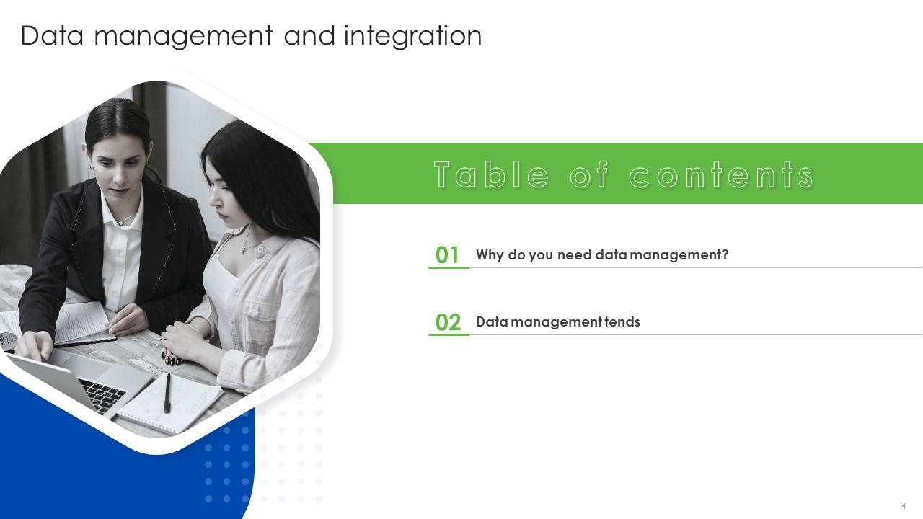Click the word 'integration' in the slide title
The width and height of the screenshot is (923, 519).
(x=412, y=36)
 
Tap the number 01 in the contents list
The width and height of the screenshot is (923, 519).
(x=448, y=255)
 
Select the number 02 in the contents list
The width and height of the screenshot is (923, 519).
(x=448, y=322)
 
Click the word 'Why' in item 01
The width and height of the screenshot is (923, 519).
(x=490, y=255)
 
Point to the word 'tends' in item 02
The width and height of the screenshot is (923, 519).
(x=622, y=322)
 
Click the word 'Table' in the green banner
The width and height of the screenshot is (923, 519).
(x=491, y=175)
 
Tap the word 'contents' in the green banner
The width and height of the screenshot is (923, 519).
(x=721, y=175)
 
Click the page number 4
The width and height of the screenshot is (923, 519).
(x=904, y=506)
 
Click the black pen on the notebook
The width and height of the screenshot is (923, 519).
(x=167, y=392)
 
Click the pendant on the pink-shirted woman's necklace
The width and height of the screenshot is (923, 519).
(x=244, y=249)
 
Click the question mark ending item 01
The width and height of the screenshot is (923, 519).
(x=725, y=255)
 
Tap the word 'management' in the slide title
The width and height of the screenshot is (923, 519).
(x=182, y=36)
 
